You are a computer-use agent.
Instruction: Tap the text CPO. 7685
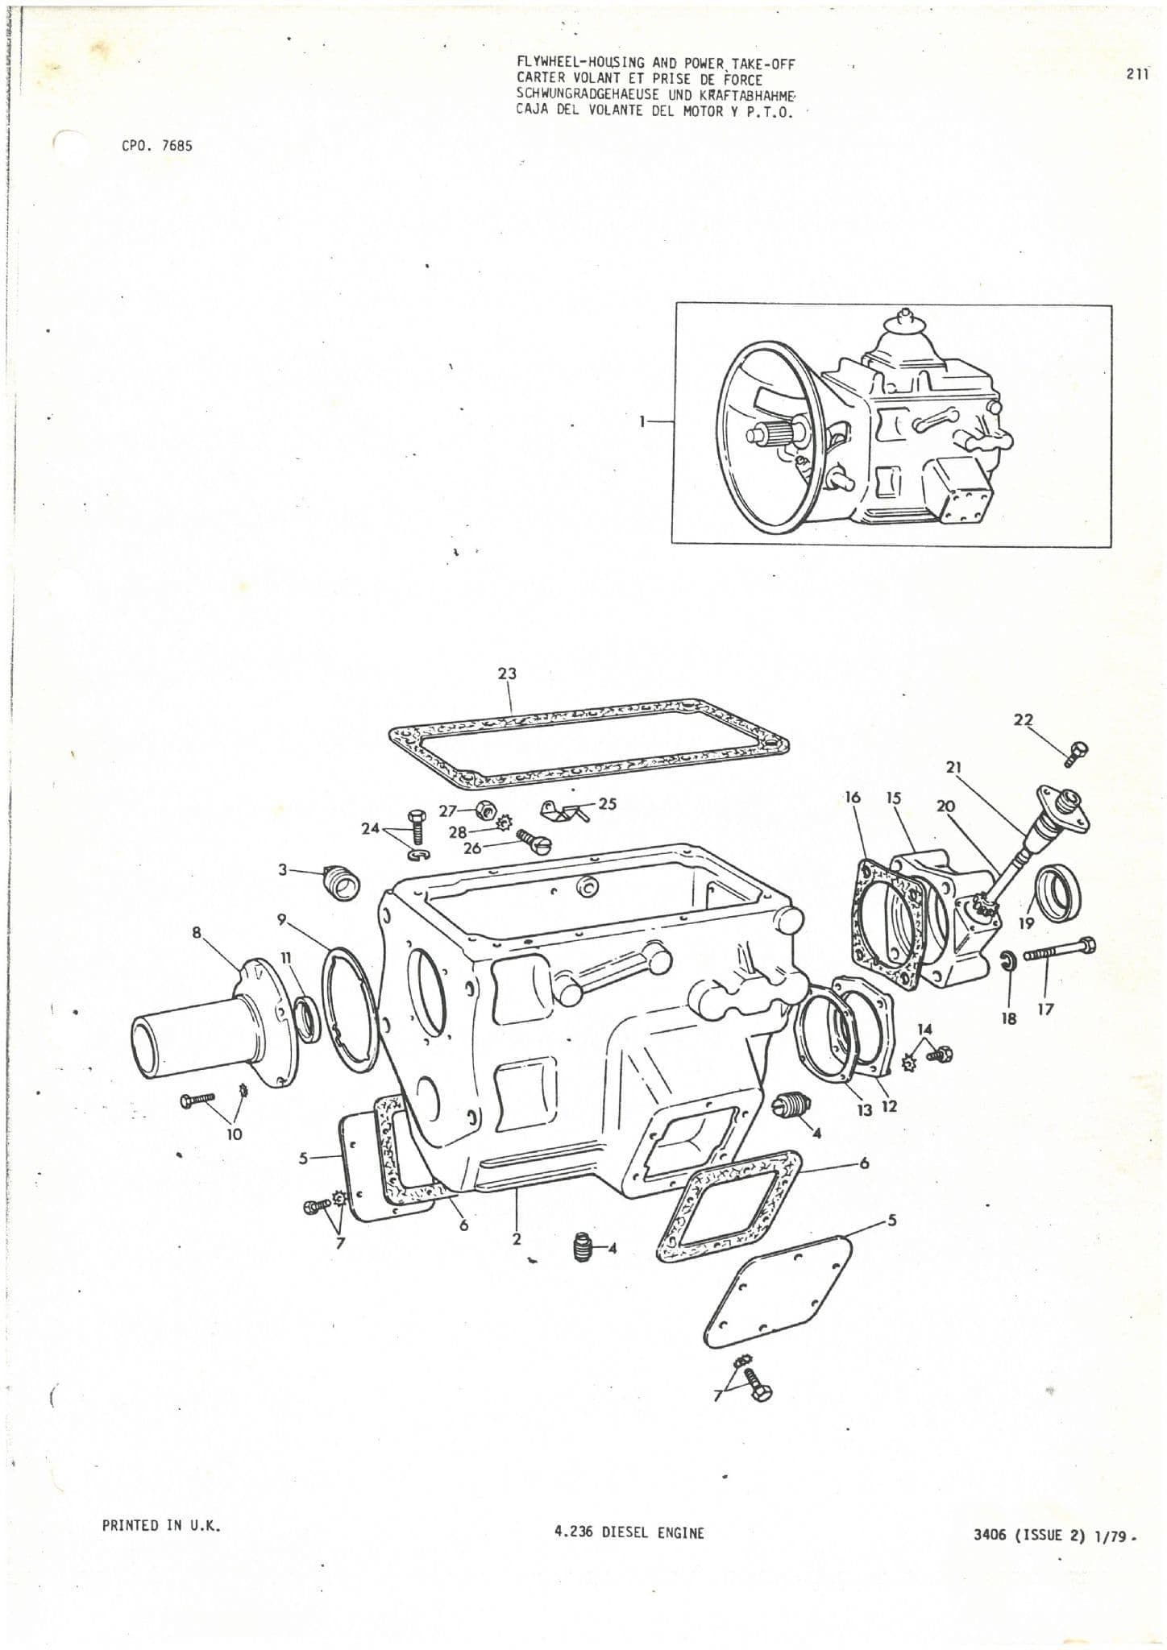click(x=157, y=146)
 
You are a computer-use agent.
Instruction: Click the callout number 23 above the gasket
click(x=507, y=673)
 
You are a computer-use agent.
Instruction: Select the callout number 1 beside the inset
click(x=642, y=421)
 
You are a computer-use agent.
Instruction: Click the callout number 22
click(x=1023, y=719)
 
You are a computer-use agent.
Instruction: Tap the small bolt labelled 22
click(x=1076, y=752)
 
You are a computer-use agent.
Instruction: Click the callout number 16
click(x=853, y=798)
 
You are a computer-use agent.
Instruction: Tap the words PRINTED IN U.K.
click(x=161, y=1525)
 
